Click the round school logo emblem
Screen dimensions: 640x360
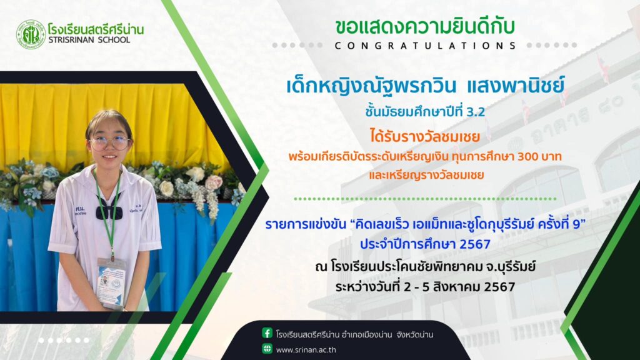point(31,35)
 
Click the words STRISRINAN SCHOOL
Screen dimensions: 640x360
point(89,40)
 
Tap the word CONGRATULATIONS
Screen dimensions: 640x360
point(426,46)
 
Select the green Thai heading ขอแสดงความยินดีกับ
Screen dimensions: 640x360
point(425,26)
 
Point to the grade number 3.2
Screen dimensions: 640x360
point(475,112)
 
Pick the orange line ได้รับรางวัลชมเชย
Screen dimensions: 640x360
point(425,136)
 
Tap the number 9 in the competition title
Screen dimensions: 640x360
point(577,224)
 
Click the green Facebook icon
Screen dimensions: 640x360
point(267,333)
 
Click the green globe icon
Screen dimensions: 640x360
point(267,349)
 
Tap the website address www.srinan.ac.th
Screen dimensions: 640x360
point(306,350)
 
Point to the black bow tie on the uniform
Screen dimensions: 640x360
point(109,211)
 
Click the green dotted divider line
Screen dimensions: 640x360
point(425,199)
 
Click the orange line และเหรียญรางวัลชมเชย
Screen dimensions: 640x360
point(426,175)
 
